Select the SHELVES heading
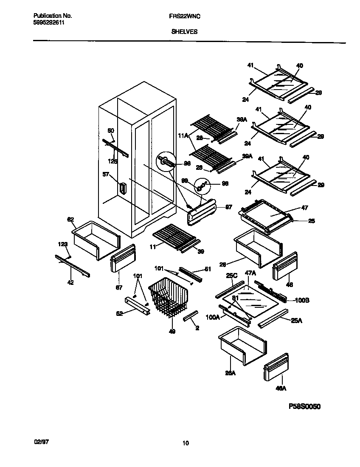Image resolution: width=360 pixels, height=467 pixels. click(184, 31)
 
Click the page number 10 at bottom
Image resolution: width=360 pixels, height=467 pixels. click(185, 443)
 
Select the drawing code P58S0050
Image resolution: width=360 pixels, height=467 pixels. click(305, 406)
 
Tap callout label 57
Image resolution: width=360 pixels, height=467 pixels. click(106, 174)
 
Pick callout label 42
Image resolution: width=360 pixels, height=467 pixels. click(70, 282)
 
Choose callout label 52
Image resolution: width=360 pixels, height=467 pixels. click(120, 313)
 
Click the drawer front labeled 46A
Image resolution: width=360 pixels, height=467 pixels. click(277, 367)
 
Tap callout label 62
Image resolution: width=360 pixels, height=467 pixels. click(70, 219)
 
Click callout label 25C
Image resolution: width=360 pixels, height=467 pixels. click(231, 276)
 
